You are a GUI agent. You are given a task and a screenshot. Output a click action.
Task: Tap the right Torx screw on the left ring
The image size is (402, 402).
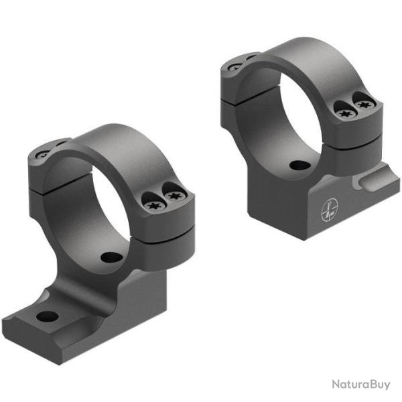(x=174, y=196)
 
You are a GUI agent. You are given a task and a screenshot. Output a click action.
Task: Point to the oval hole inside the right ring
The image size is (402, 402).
(x=295, y=165)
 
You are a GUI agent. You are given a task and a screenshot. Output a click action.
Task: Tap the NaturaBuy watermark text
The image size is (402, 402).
(x=360, y=384)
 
